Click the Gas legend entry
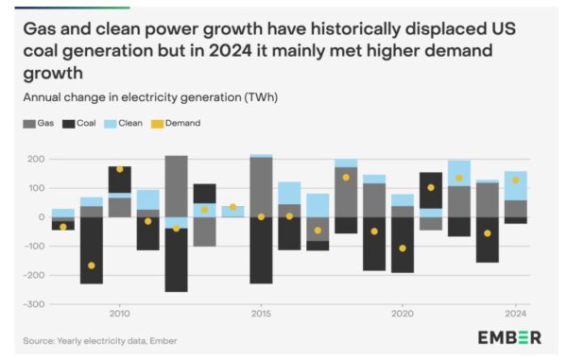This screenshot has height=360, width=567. click(40, 123)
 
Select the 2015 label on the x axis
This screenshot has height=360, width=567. click(261, 313)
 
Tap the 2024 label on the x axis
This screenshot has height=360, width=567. click(515, 313)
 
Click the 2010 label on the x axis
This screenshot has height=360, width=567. click(119, 313)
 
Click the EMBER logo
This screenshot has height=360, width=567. click(509, 337)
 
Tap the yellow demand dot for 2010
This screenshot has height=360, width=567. click(119, 170)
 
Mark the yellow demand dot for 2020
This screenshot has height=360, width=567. click(403, 249)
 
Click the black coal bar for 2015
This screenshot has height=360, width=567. click(261, 250)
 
